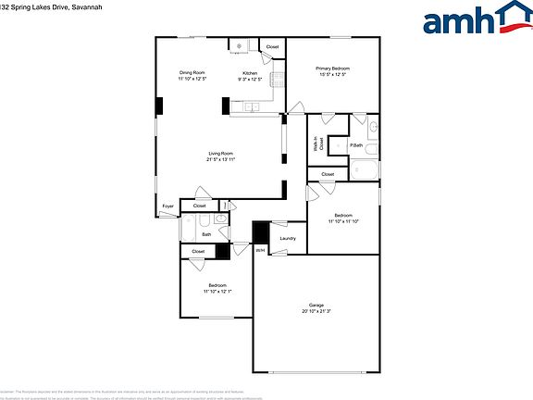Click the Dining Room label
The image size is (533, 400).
192,72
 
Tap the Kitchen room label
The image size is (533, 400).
250,73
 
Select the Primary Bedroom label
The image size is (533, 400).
332,69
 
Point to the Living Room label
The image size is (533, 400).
220,153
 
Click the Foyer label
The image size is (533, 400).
168,206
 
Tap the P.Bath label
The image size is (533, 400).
355,146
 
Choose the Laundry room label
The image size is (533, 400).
288,239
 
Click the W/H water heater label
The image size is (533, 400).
261,249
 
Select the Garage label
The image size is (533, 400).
316,306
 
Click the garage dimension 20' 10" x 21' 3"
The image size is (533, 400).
316,312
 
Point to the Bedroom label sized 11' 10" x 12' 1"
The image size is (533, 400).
217,284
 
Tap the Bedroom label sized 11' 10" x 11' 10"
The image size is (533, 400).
342,215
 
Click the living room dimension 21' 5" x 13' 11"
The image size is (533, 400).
220,159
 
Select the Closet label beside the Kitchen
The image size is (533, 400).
272,46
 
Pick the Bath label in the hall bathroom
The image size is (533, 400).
206,234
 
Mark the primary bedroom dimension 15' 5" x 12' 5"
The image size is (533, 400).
332,75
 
